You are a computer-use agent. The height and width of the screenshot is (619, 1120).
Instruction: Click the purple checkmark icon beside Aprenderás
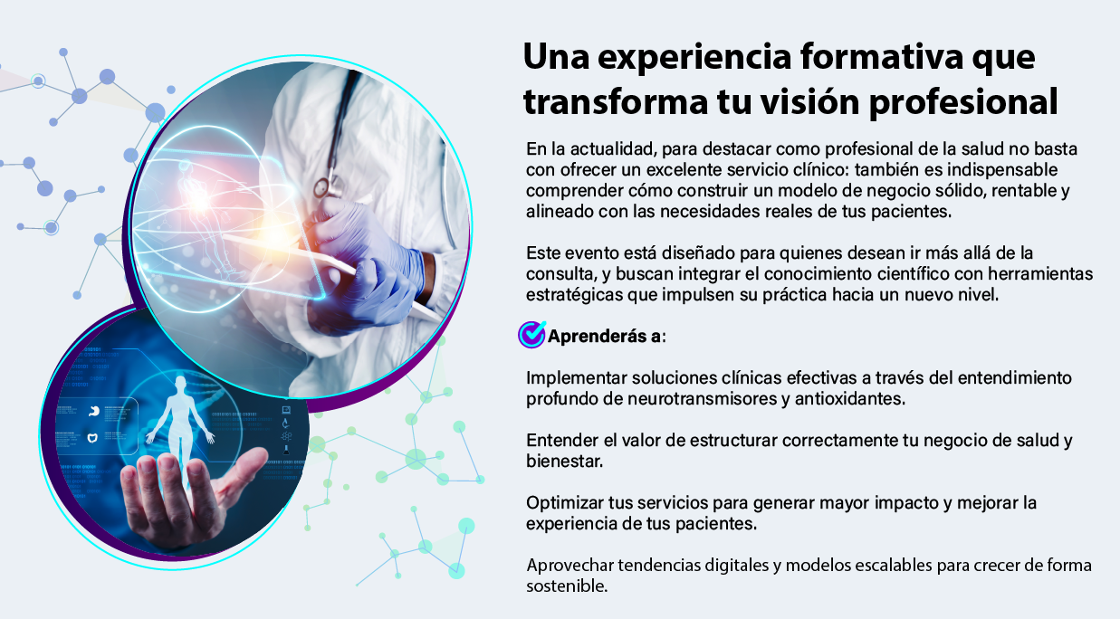coord(531,335)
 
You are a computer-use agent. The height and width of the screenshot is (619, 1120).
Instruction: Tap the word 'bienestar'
coord(564,462)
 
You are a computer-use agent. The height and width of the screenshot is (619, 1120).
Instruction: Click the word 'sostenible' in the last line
coord(567,586)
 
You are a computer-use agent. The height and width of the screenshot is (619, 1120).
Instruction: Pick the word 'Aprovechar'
coord(570,566)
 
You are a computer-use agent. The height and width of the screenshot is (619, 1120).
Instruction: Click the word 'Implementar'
coord(576,378)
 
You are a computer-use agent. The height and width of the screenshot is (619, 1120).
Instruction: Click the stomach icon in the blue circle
coord(93,411)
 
